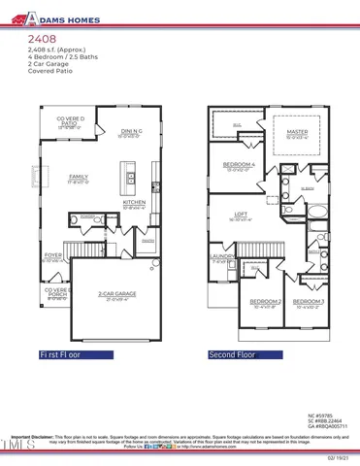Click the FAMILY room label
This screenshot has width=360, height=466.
(79, 178)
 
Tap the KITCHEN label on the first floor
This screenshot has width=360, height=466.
(133, 205)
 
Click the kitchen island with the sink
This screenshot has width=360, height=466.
(128, 179)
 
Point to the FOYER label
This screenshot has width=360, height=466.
(52, 257)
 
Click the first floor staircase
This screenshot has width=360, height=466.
(77, 249)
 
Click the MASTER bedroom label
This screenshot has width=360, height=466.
(296, 132)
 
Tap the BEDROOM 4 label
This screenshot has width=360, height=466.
(239, 166)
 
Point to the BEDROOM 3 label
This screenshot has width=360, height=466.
(310, 304)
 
